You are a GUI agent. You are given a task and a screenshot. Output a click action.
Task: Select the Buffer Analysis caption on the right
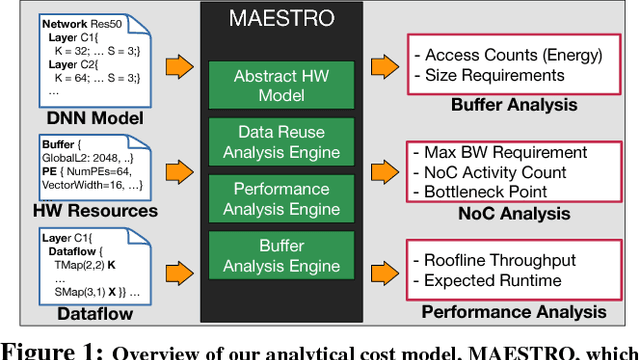pyautogui.click(x=513, y=103)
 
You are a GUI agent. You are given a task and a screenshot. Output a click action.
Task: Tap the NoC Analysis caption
pyautogui.click(x=513, y=213)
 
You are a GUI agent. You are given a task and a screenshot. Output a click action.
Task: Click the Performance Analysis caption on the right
pyautogui.click(x=513, y=312)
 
